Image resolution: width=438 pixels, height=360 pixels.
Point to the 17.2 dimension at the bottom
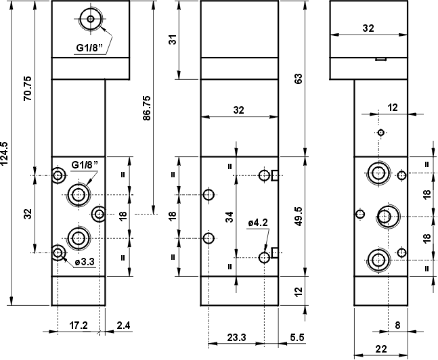coord(79,325)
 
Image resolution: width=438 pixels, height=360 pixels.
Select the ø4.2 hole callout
coord(259,223)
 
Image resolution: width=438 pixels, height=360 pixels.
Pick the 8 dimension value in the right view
coord(397,325)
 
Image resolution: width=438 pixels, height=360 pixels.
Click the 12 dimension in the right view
coord(393,107)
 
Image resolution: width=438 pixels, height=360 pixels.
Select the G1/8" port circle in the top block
coord(89,20)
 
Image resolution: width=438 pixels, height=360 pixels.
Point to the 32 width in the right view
coord(368,28)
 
